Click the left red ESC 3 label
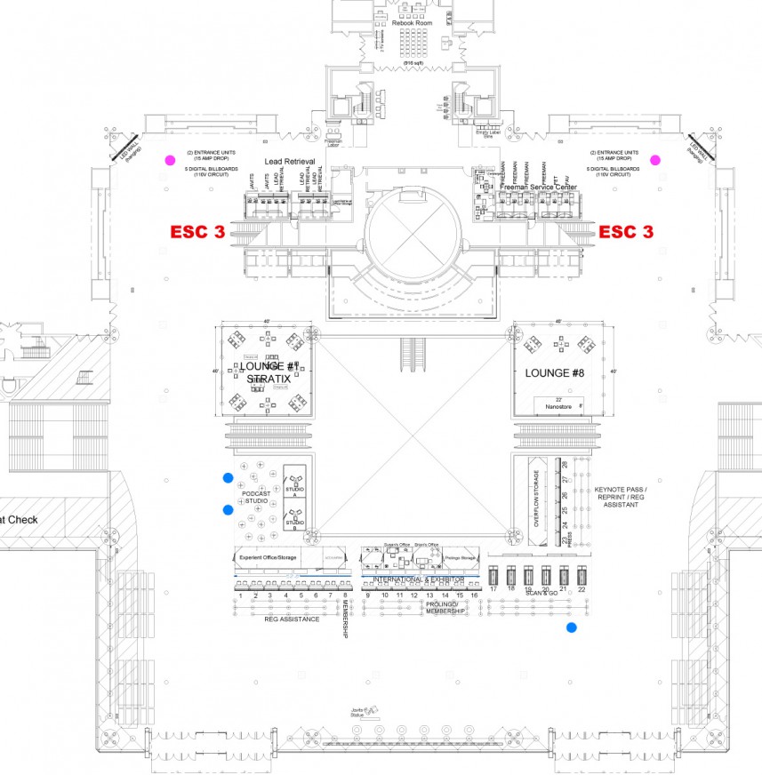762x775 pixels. click(197, 232)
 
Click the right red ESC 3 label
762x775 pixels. click(626, 232)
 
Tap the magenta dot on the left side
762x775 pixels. click(169, 161)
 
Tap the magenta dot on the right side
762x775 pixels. click(655, 160)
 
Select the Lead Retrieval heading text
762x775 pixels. click(291, 162)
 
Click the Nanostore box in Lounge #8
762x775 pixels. click(559, 404)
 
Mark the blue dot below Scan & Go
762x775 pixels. click(571, 628)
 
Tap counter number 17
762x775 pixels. click(493, 589)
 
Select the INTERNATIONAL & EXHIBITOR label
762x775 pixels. click(418, 579)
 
